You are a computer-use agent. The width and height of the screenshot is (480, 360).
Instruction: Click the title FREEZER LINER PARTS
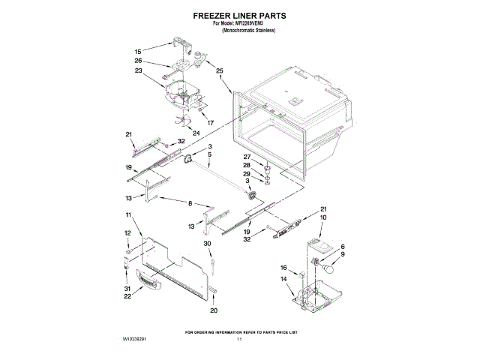coord(239,14)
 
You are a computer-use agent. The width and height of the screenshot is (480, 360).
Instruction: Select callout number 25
coord(220,70)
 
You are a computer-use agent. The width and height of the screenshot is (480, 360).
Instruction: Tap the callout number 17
coord(211,122)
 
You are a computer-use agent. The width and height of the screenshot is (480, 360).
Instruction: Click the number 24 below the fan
coord(196,133)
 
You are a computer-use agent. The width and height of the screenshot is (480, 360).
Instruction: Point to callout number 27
coord(247,157)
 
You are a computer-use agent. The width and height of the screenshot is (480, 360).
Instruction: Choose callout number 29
coord(247,174)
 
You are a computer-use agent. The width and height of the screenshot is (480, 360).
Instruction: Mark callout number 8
coord(190,203)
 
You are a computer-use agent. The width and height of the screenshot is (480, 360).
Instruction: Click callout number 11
coord(128,215)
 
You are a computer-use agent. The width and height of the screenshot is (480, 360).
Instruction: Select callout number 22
coord(127,296)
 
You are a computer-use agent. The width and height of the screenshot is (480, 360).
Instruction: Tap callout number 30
coord(208,244)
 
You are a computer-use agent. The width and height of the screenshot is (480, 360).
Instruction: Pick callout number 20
coord(214,310)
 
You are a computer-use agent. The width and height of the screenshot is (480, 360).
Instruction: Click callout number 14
coord(284,279)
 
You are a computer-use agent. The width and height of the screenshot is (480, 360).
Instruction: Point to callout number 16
coord(284,267)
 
